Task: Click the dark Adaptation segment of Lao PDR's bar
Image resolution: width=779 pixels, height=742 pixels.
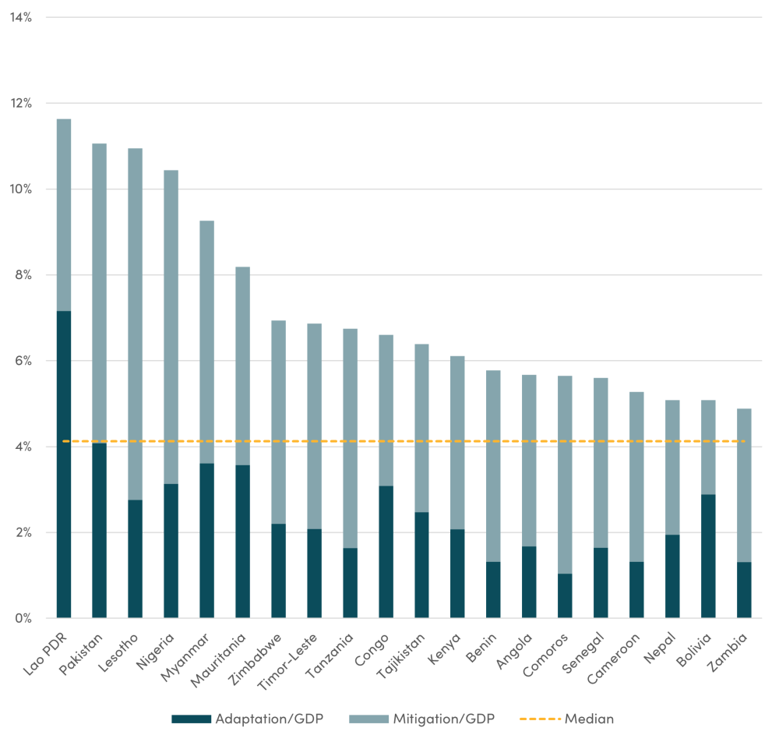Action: click(64, 465)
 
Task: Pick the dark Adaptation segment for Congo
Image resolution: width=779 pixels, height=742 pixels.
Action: click(386, 552)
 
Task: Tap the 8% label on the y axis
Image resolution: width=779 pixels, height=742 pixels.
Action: click(22, 275)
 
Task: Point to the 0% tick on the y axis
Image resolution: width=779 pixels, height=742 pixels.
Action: click(22, 619)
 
